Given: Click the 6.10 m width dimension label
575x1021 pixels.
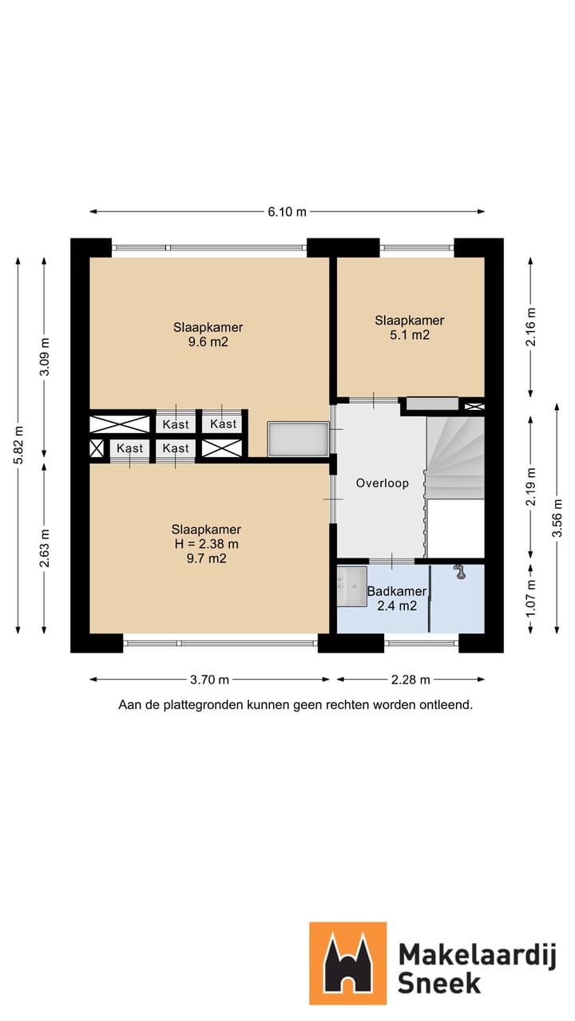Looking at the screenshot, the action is tap(287, 212).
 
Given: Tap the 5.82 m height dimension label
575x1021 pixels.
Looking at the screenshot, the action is tap(18, 445).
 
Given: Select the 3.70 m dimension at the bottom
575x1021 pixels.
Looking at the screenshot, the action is tap(209, 680).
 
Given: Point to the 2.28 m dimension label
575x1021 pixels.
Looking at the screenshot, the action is tap(410, 680).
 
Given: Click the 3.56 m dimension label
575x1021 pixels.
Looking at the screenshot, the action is tap(557, 518).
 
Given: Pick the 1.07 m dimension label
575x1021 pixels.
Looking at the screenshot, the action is tap(531, 598).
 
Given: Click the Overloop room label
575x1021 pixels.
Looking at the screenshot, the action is tap(383, 483).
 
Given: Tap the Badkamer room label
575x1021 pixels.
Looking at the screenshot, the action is tap(397, 591).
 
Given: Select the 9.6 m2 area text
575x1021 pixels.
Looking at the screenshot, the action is tap(208, 342).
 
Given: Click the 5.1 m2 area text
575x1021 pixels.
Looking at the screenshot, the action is tap(410, 335).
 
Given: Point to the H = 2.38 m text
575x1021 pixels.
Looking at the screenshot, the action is tap(206, 544).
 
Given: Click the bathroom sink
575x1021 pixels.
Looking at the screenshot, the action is tap(352, 586).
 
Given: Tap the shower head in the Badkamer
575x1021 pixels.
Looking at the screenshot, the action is tap(460, 572).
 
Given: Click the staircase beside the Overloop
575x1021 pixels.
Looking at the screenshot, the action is tap(455, 459).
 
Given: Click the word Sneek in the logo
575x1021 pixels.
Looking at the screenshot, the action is tap(439, 983).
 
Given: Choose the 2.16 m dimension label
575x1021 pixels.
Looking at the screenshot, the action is tap(531, 327).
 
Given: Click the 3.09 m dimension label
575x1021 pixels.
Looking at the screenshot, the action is tap(44, 357).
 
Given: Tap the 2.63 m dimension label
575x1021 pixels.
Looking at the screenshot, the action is tap(44, 548).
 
